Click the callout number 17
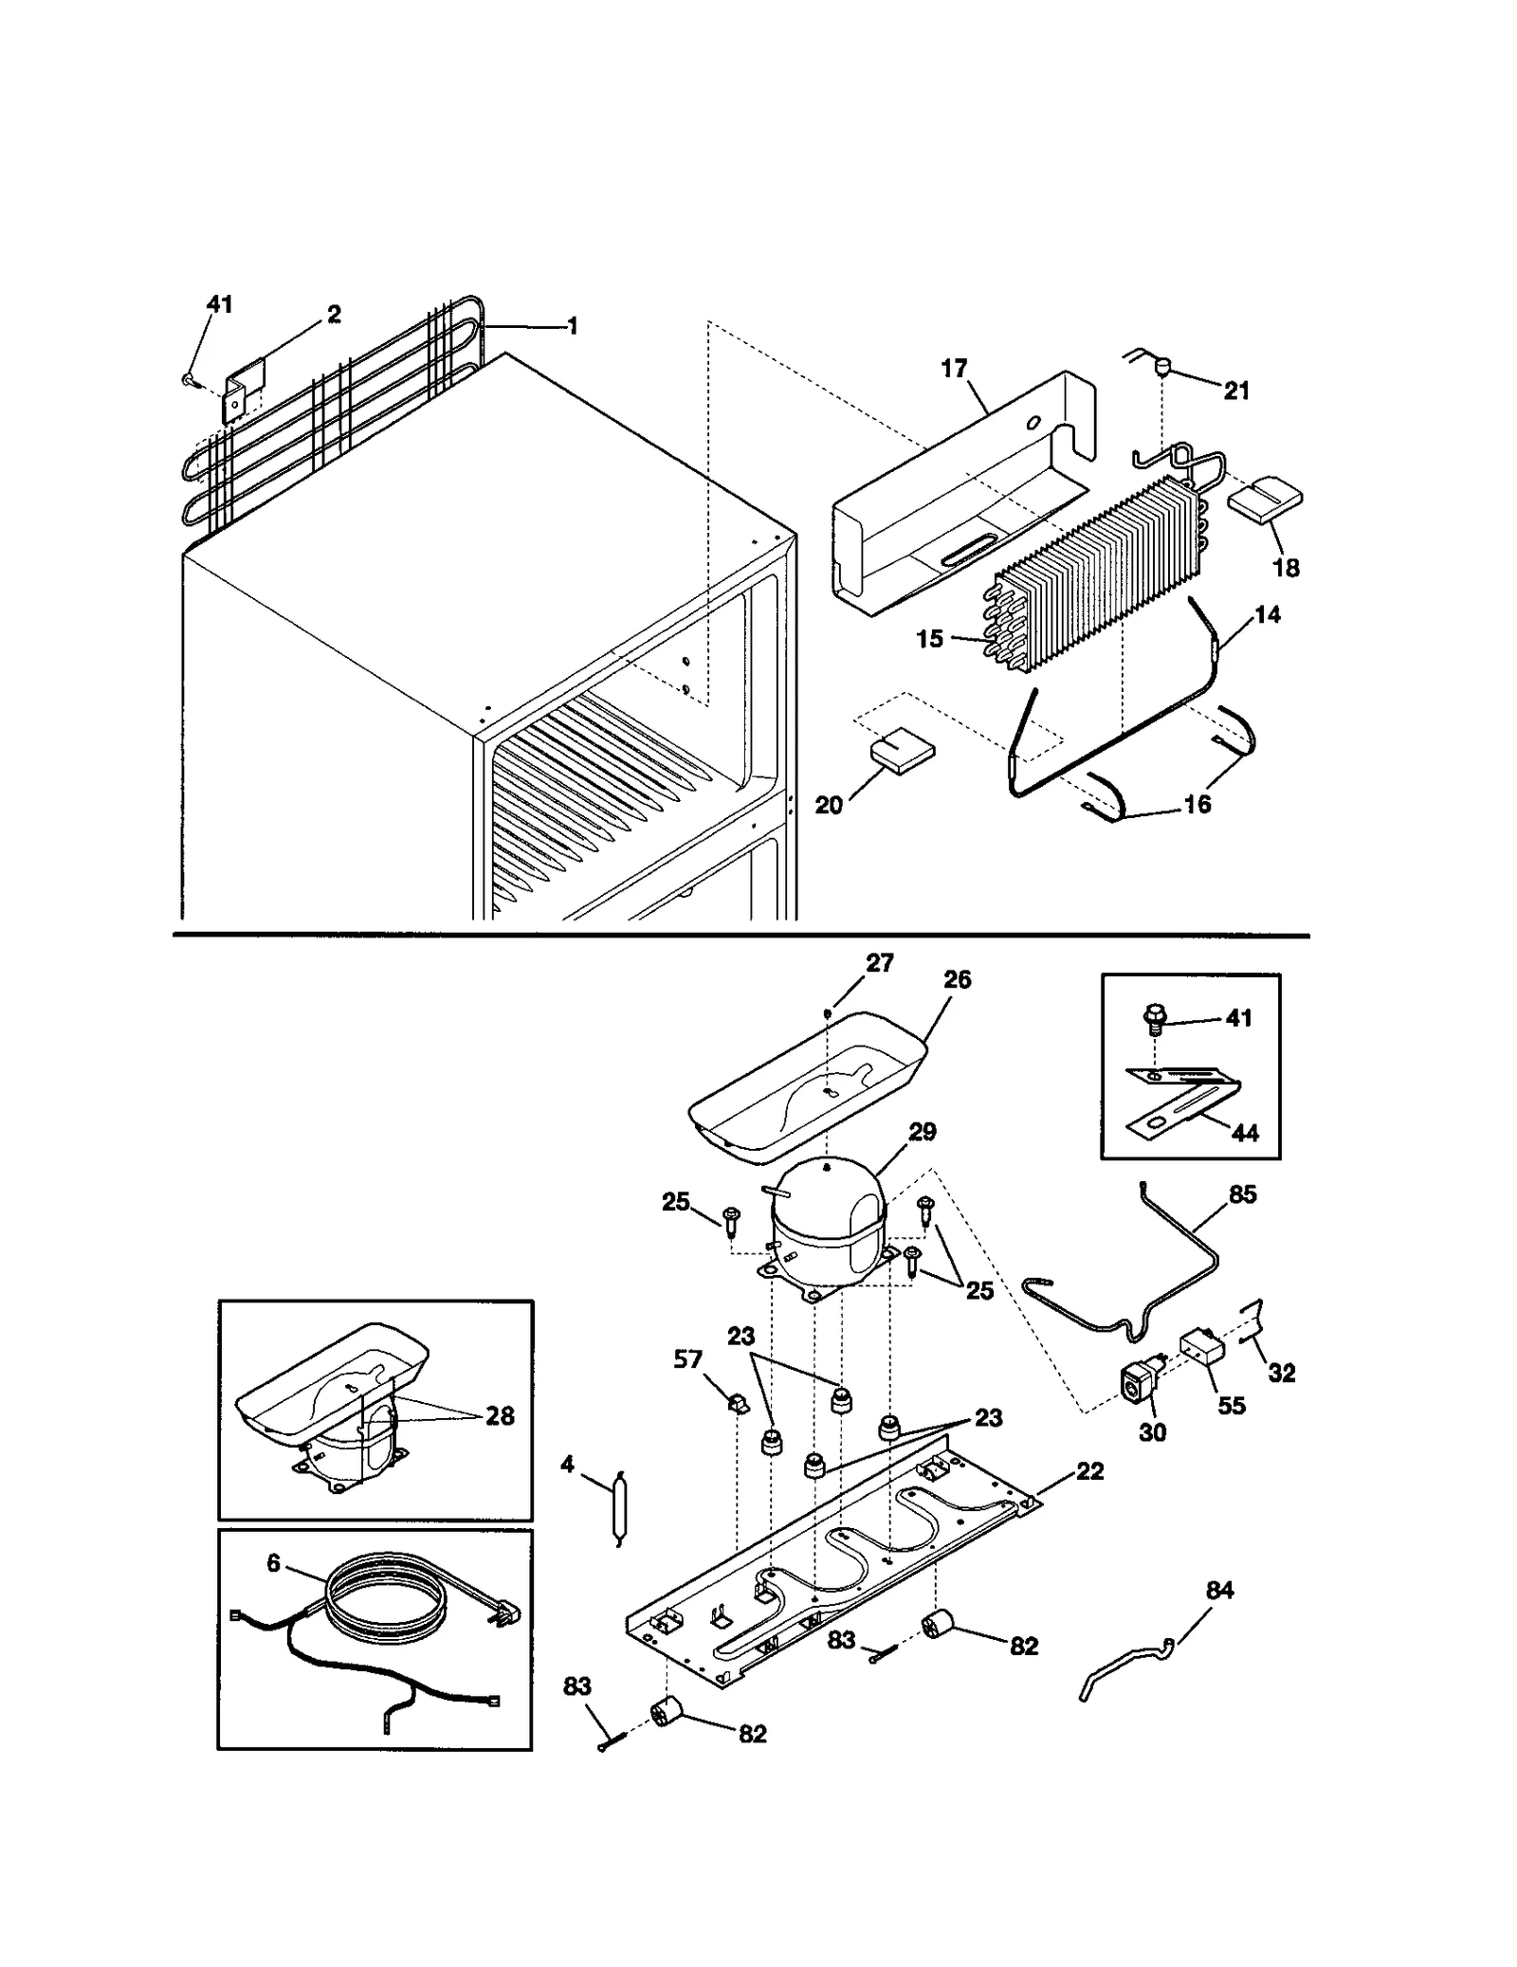tap(953, 368)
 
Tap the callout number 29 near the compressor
tap(922, 1131)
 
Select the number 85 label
tap(1242, 1194)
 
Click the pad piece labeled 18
tap(1265, 501)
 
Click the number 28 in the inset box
tap(500, 1415)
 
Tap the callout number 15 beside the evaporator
tap(929, 638)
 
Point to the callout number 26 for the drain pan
tap(957, 980)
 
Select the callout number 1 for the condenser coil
tap(573, 326)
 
